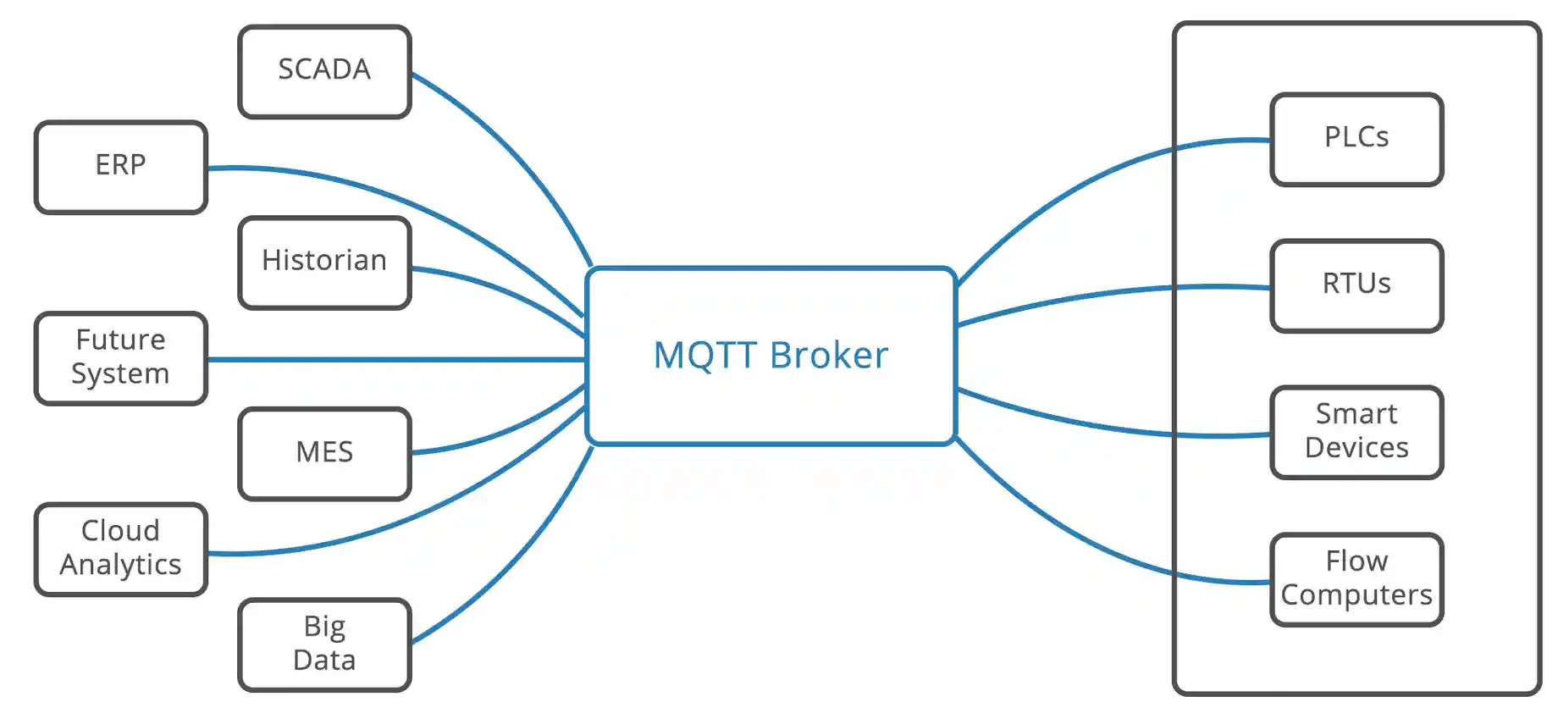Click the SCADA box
[x=325, y=71]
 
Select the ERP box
[x=121, y=167]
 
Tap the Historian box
[x=325, y=263]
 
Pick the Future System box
[x=121, y=358]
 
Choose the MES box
[x=325, y=454]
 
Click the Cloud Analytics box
[x=121, y=550]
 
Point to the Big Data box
[x=325, y=645]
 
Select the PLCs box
[x=1356, y=139]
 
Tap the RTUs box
[x=1356, y=285]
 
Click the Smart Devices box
[x=1356, y=432]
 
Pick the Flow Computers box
[x=1356, y=579]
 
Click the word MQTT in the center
[x=705, y=356]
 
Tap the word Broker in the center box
[x=829, y=355]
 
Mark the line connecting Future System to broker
[x=396, y=360]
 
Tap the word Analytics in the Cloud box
[x=121, y=565]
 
